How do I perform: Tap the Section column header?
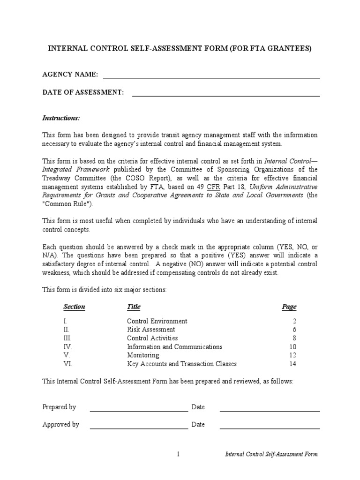point(74,307)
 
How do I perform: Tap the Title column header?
point(134,307)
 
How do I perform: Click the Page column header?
point(289,307)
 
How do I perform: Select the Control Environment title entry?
point(157,321)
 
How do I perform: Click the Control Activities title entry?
point(152,338)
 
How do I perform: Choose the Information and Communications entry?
point(174,347)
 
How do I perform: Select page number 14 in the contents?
point(292,364)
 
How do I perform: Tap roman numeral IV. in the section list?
point(68,347)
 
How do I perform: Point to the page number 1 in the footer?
point(179,454)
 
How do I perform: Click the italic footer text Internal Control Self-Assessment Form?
point(271,454)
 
